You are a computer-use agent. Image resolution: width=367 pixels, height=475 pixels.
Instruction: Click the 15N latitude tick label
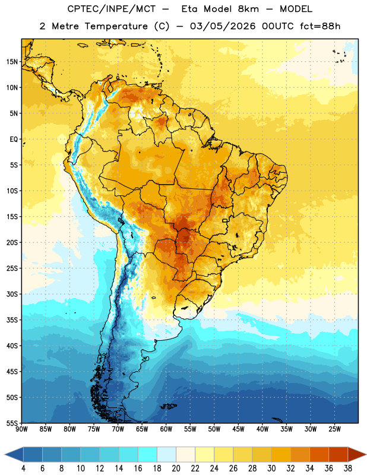12,62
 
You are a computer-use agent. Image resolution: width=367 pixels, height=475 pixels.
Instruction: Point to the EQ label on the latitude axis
14,140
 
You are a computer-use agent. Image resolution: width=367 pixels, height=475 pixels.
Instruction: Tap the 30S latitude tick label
12,294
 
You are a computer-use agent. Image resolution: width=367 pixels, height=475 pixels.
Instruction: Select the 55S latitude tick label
12,423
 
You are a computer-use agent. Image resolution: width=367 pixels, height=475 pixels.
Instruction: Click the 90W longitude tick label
22,429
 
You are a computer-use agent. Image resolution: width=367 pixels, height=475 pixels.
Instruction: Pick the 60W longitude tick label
166,429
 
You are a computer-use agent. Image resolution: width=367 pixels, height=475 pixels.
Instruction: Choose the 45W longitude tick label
238,429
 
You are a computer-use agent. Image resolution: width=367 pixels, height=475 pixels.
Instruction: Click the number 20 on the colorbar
176,468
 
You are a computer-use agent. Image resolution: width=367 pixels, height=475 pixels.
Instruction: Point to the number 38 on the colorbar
348,468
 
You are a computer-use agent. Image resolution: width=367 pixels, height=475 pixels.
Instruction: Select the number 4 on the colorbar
23,468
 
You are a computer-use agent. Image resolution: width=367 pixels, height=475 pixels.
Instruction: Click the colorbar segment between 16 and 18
147,455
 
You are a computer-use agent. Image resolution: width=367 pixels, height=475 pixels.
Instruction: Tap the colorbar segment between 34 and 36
319,455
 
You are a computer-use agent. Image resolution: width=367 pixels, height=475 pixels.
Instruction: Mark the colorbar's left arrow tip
5,455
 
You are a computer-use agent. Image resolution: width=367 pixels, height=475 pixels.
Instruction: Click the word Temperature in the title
116,26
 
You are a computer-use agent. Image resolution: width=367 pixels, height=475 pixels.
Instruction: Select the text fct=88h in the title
320,26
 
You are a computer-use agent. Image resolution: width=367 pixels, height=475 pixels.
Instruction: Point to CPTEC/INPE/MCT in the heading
112,9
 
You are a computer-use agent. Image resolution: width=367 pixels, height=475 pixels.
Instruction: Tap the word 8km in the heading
248,9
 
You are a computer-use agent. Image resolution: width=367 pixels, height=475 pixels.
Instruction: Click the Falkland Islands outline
168,406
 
